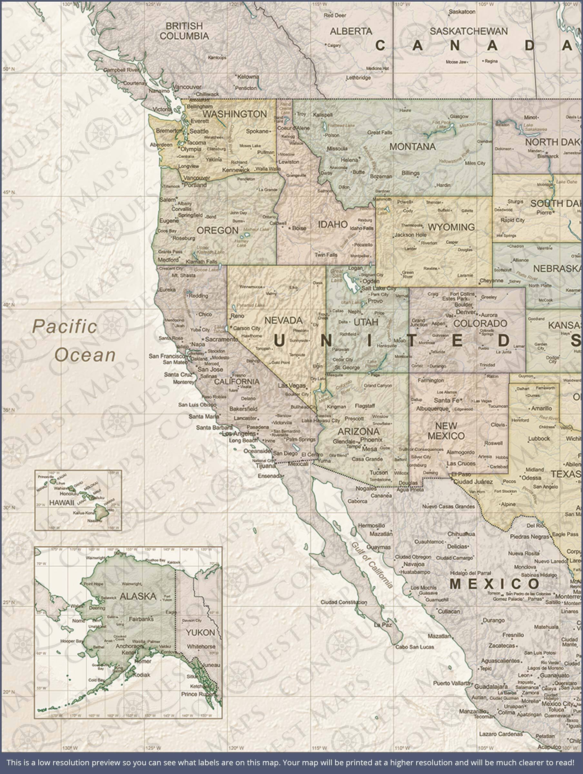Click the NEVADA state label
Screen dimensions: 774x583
pos(283,320)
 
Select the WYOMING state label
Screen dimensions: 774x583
pos(451,227)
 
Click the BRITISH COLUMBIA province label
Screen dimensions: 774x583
pos(184,31)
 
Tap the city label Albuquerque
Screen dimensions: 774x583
pos(432,409)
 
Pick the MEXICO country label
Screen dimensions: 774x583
pos(494,584)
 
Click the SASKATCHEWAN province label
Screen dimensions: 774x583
pos(468,31)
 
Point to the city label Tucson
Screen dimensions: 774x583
pos(379,472)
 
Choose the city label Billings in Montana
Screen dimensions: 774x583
pos(410,173)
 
